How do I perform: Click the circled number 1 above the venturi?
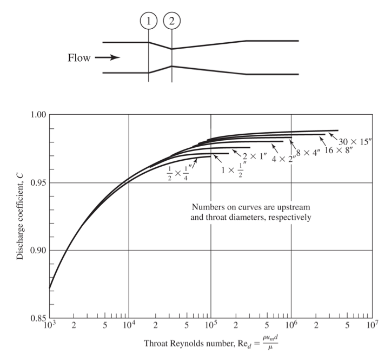click(x=149, y=22)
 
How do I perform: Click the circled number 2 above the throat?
click(x=171, y=22)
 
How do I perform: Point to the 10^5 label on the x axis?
click(x=210, y=325)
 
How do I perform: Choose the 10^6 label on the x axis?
click(x=291, y=325)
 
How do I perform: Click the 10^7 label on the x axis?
click(x=372, y=325)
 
